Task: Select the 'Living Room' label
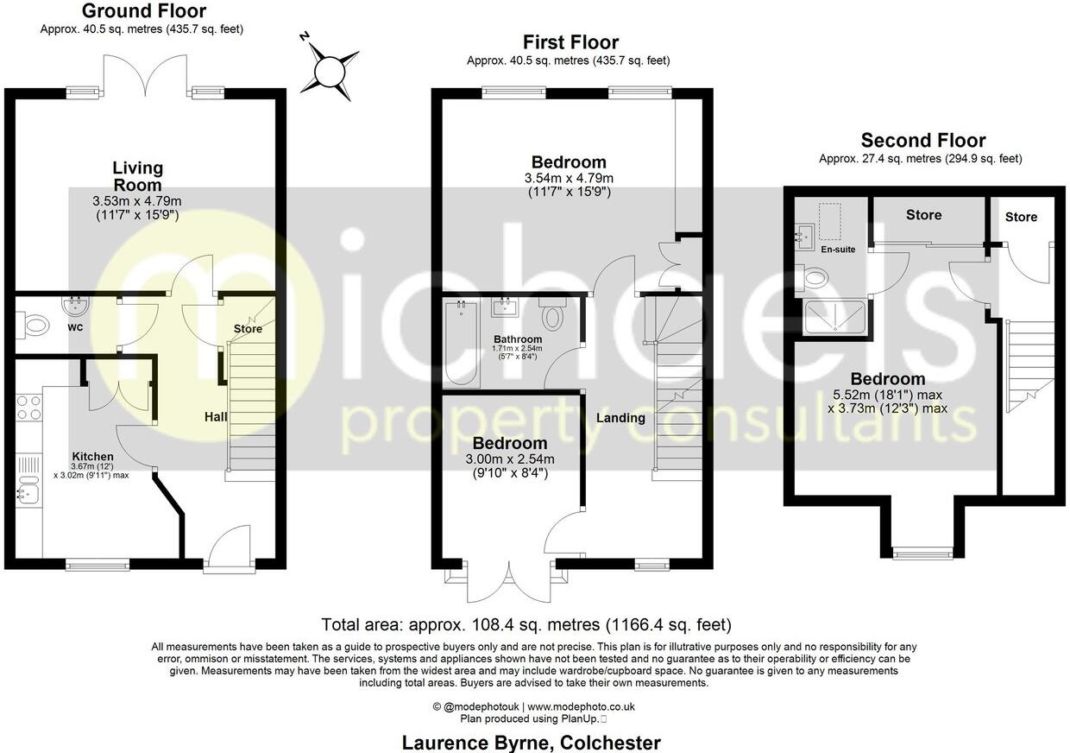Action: [x=137, y=176]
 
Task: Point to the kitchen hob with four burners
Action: [x=28, y=407]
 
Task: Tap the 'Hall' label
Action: [x=216, y=417]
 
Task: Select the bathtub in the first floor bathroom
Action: [x=461, y=343]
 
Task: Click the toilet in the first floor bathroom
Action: [x=552, y=316]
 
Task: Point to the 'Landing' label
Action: [x=620, y=418]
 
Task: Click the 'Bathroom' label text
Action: [x=518, y=339]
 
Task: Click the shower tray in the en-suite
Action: [x=834, y=318]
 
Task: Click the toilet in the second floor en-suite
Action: [x=815, y=277]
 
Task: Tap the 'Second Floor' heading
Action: [x=922, y=141]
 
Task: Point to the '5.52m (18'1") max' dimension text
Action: [x=888, y=394]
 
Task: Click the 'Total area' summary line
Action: [x=526, y=624]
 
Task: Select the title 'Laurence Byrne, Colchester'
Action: [x=532, y=743]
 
